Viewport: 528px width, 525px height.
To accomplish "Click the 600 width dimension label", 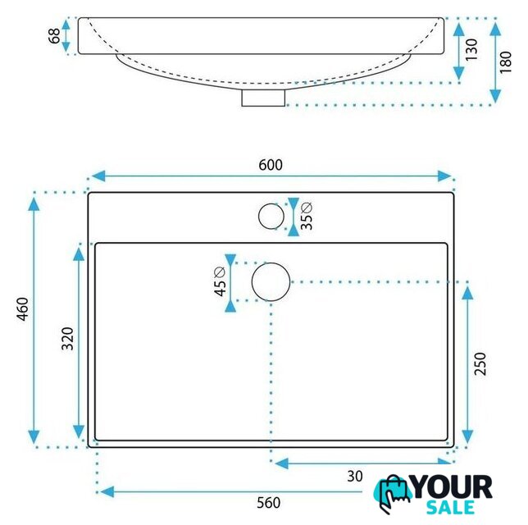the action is pos(271,165).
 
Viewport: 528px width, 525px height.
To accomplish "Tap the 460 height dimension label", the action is pos(23,309).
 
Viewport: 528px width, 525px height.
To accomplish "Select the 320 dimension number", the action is pos(68,339).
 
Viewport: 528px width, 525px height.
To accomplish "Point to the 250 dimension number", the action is pos(480,363).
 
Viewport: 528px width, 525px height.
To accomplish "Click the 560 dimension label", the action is pos(268,503).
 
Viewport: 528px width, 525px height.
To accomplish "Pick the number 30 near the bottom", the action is pos(355,476).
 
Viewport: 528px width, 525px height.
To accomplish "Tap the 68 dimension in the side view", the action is pos(54,36).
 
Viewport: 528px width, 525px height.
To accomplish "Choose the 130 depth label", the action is pos(471,49).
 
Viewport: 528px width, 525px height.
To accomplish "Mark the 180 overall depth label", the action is pos(505,62).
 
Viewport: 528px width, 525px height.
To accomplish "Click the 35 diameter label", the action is pos(306,216).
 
